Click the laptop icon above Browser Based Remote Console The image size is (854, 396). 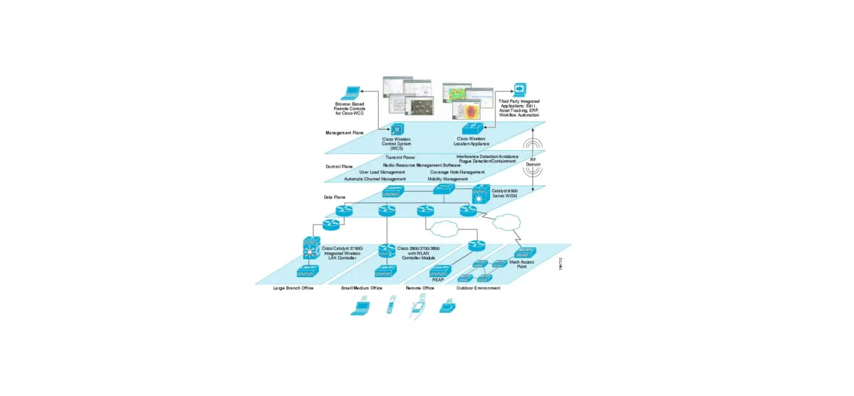point(350,93)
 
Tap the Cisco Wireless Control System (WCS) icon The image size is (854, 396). point(396,130)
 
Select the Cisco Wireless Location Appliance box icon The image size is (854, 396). point(470,129)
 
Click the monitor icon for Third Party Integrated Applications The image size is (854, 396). point(519,89)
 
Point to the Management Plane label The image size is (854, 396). point(345,132)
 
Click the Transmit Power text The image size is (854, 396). point(400,157)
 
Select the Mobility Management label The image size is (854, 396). point(448,179)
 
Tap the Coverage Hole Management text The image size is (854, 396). point(456,172)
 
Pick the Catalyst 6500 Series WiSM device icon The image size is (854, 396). point(480,194)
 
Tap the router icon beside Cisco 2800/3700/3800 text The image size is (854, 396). point(387,250)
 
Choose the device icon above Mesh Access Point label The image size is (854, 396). point(525,252)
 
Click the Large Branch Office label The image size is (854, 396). point(293,288)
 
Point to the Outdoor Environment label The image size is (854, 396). point(478,288)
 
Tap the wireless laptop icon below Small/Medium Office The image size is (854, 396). point(360,308)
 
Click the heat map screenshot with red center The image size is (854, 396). point(466,111)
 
